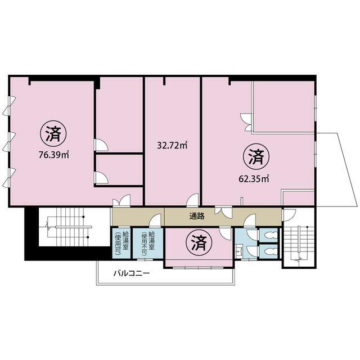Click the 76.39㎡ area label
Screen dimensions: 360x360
(54, 155)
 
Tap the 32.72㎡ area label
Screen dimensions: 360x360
(172, 145)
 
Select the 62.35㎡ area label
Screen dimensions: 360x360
(254, 179)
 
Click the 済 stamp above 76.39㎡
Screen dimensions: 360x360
(53, 134)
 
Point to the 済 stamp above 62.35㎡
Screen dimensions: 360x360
(256, 157)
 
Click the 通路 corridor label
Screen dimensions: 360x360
(197, 216)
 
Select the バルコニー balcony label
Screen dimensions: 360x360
(132, 273)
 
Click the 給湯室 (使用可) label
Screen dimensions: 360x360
(121, 243)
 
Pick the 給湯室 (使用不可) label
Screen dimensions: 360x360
(148, 243)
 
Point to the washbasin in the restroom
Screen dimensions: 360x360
(239, 251)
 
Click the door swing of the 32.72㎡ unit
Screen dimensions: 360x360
(192, 200)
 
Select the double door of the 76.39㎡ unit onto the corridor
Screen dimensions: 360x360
(121, 201)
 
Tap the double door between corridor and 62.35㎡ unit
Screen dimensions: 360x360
(223, 213)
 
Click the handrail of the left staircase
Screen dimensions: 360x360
(74, 227)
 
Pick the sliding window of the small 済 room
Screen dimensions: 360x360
(198, 268)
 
